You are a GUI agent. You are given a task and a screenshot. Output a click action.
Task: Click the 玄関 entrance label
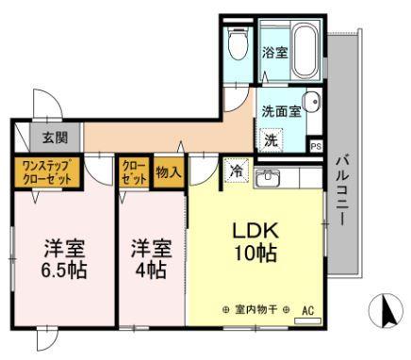(54, 139)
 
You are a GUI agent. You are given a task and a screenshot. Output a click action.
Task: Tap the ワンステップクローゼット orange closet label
(46, 173)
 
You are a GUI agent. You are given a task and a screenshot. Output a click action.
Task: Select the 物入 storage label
(167, 173)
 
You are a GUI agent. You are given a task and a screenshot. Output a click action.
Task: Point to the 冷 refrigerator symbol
(236, 172)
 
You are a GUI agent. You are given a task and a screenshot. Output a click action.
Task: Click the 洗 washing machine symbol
(271, 139)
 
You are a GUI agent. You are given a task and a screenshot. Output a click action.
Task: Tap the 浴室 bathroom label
(274, 52)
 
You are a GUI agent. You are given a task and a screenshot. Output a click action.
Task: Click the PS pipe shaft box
(316, 146)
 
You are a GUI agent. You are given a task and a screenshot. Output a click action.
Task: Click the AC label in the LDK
(306, 309)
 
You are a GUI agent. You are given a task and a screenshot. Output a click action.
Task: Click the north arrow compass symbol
(382, 309)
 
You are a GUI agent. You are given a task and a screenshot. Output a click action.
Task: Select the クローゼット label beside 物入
(131, 173)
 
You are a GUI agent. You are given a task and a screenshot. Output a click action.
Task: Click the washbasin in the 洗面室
(312, 103)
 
